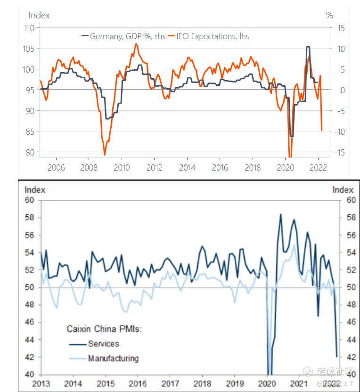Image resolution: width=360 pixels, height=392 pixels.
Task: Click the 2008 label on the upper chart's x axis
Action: point(89,168)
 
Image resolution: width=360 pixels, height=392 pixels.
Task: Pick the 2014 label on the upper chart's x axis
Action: point(188,168)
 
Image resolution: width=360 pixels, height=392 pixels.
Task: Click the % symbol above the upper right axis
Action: point(329,15)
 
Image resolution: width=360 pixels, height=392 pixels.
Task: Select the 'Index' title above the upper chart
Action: point(39,15)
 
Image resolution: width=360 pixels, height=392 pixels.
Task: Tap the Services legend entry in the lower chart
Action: point(103,343)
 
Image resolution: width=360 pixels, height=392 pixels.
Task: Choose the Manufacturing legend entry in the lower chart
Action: point(113,358)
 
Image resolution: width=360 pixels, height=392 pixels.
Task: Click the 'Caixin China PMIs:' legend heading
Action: point(103,329)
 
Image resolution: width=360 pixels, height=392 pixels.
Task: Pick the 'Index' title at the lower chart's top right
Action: point(343,190)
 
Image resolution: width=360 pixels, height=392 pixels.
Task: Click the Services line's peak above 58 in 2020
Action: point(281,214)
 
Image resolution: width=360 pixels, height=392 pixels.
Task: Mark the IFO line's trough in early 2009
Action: point(105,155)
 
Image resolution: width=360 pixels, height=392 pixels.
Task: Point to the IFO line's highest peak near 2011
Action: point(136,44)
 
